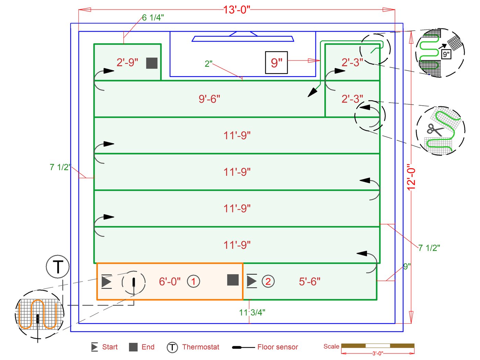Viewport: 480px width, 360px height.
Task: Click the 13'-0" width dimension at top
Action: pos(237,10)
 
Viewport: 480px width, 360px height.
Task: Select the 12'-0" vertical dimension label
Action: pos(411,177)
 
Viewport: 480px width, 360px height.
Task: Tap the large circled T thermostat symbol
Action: pos(58,267)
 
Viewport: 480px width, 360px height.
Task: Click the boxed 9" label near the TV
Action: pos(276,62)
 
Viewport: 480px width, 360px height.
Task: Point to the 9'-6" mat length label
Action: pos(209,99)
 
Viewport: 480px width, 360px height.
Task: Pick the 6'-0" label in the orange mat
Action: pos(169,281)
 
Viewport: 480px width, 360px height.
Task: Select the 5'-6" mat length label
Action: pos(309,281)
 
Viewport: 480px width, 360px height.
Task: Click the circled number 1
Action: pos(193,281)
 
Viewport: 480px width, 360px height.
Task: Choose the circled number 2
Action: pos(268,281)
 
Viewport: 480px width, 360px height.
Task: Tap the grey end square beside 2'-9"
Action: pos(152,63)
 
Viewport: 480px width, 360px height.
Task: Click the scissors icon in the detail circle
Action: pos(435,130)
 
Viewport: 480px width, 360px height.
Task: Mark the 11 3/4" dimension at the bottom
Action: pos(252,312)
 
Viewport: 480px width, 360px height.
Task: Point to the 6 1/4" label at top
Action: pos(153,18)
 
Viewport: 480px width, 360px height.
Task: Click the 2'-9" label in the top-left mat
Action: pos(127,62)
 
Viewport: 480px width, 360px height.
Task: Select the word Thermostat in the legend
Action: pos(201,347)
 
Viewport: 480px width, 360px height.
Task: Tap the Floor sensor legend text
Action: pos(277,347)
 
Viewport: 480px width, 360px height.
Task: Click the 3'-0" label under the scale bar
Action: pos(377,353)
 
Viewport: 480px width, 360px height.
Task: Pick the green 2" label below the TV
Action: pos(208,64)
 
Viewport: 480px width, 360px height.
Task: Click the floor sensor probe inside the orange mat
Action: pos(134,282)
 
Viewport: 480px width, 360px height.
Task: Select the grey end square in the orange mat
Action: pos(233,280)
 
